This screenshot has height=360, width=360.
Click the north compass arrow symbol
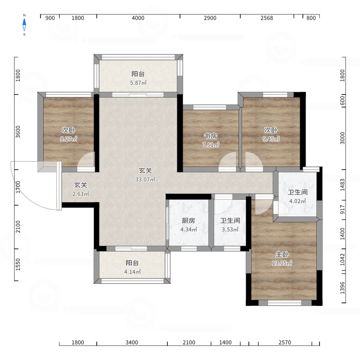point(24,25)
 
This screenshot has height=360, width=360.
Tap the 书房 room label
point(211,136)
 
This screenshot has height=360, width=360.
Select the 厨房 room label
point(189,220)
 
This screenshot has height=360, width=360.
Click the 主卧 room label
point(282,254)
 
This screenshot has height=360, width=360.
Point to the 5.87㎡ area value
point(138,83)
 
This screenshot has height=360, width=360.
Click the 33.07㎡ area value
point(145,180)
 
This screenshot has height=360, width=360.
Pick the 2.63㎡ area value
point(81,194)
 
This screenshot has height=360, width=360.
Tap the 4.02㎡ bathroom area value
point(297,201)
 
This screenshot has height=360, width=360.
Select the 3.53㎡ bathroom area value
point(230,229)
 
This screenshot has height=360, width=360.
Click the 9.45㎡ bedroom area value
point(271,139)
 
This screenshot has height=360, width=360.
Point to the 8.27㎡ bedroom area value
point(68,139)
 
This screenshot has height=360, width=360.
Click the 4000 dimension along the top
point(138,18)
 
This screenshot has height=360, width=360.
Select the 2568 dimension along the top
point(267,18)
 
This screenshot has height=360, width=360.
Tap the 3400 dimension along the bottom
point(132,342)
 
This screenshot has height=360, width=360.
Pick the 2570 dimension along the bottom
point(285,342)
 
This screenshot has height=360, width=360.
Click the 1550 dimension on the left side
point(18,265)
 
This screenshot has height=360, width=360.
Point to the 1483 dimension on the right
point(342,185)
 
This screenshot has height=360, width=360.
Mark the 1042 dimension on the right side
point(342,260)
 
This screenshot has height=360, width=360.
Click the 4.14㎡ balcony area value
point(132,272)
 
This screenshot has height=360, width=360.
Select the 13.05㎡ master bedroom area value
point(282,263)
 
